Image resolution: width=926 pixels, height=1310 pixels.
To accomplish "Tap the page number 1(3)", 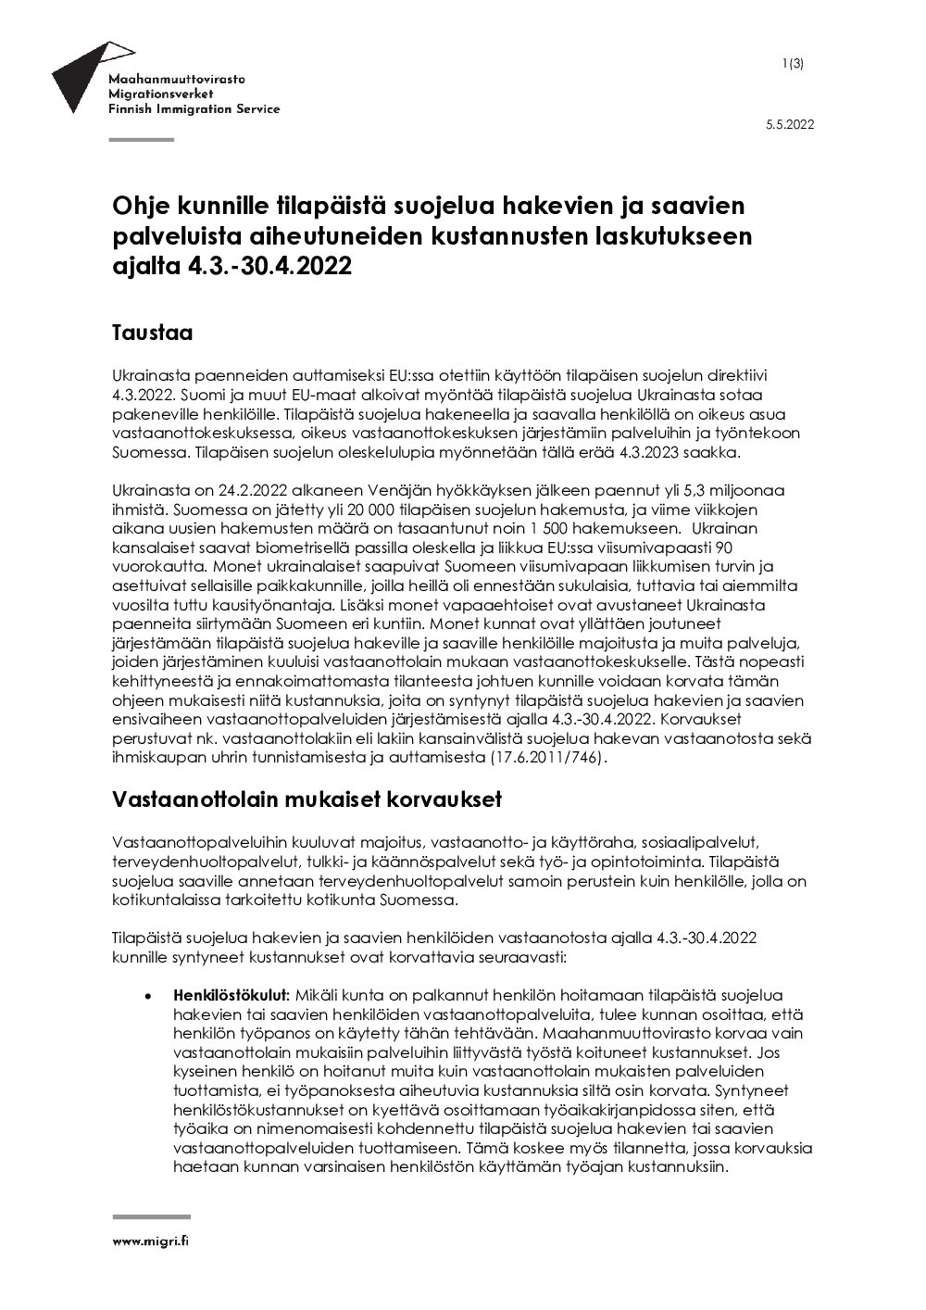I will [x=793, y=63].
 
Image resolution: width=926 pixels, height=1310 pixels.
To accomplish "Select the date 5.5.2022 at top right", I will [x=790, y=126].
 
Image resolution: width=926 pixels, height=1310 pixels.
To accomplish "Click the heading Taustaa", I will [x=152, y=333].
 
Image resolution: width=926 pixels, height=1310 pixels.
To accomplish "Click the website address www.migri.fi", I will [x=151, y=1241].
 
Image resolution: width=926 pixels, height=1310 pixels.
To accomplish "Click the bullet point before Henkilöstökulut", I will [x=146, y=996].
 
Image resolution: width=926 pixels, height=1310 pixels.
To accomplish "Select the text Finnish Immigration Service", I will [x=194, y=109].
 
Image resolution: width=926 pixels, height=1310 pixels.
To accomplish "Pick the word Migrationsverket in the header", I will [x=161, y=94].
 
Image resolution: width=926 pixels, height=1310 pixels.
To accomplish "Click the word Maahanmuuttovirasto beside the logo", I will [x=177, y=81].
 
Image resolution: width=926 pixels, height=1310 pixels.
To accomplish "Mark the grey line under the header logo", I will [x=142, y=140].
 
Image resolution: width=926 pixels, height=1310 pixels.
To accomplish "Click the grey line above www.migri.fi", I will [x=151, y=1217].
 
